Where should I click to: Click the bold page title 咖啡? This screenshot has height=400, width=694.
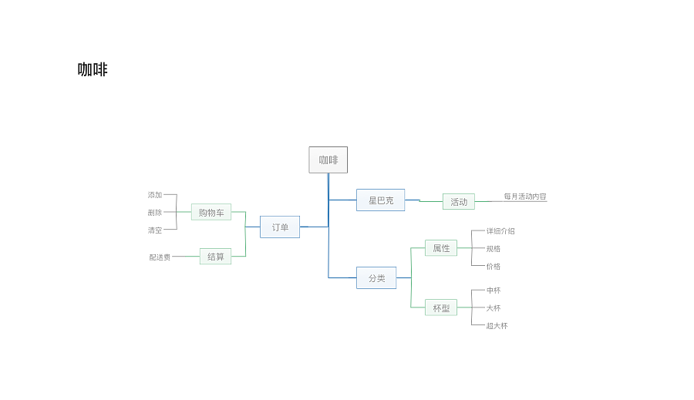pyautogui.click(x=93, y=69)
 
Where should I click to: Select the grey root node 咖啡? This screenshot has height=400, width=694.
pyautogui.click(x=328, y=160)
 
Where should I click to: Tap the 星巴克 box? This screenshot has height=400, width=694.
pyautogui.click(x=381, y=200)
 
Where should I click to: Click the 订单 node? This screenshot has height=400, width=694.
pyautogui.click(x=280, y=227)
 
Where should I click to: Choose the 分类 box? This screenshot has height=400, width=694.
pyautogui.click(x=376, y=278)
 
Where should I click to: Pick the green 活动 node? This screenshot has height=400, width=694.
pyautogui.click(x=459, y=202)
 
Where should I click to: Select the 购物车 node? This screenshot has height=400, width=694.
pyautogui.click(x=211, y=212)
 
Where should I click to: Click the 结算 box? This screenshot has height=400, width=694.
pyautogui.click(x=216, y=256)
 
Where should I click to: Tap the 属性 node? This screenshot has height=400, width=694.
pyautogui.click(x=441, y=248)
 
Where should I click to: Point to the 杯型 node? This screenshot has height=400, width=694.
pyautogui.click(x=441, y=308)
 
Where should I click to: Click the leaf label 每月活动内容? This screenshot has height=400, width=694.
pyautogui.click(x=525, y=197)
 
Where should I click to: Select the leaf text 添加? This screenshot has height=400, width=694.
pyautogui.click(x=155, y=195)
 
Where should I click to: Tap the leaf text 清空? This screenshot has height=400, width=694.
pyautogui.click(x=155, y=230)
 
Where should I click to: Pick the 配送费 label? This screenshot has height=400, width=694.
pyautogui.click(x=160, y=257)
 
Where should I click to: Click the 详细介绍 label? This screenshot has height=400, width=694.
pyautogui.click(x=500, y=231)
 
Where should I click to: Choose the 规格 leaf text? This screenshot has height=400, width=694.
pyautogui.click(x=493, y=249)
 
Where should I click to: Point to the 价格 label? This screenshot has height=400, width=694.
pyautogui.click(x=493, y=267)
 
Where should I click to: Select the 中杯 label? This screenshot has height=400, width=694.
pyautogui.click(x=493, y=291)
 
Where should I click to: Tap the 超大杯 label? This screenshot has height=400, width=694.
pyautogui.click(x=497, y=326)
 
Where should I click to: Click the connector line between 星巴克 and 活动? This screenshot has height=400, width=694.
pyautogui.click(x=423, y=201)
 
